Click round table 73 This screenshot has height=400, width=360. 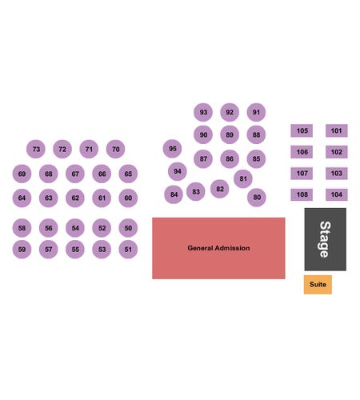(36, 149)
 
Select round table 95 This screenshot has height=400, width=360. (172, 149)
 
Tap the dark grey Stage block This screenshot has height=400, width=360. (326, 239)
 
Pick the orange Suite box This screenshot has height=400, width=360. (318, 285)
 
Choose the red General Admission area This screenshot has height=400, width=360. (218, 248)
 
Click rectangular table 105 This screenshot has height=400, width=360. (302, 130)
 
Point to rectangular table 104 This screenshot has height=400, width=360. (337, 194)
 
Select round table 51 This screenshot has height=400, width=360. (128, 250)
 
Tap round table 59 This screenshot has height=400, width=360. (22, 250)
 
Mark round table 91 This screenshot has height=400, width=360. (256, 112)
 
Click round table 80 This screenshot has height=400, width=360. (257, 198)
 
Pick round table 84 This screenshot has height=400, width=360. (174, 194)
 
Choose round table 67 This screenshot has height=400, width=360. (75, 174)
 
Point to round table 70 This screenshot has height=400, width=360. (115, 149)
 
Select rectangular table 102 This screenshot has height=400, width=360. (337, 152)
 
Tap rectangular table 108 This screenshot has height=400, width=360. (302, 194)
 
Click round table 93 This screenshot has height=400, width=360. (203, 112)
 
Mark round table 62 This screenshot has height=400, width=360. (75, 198)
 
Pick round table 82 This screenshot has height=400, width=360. (219, 189)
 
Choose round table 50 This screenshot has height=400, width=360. (128, 228)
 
